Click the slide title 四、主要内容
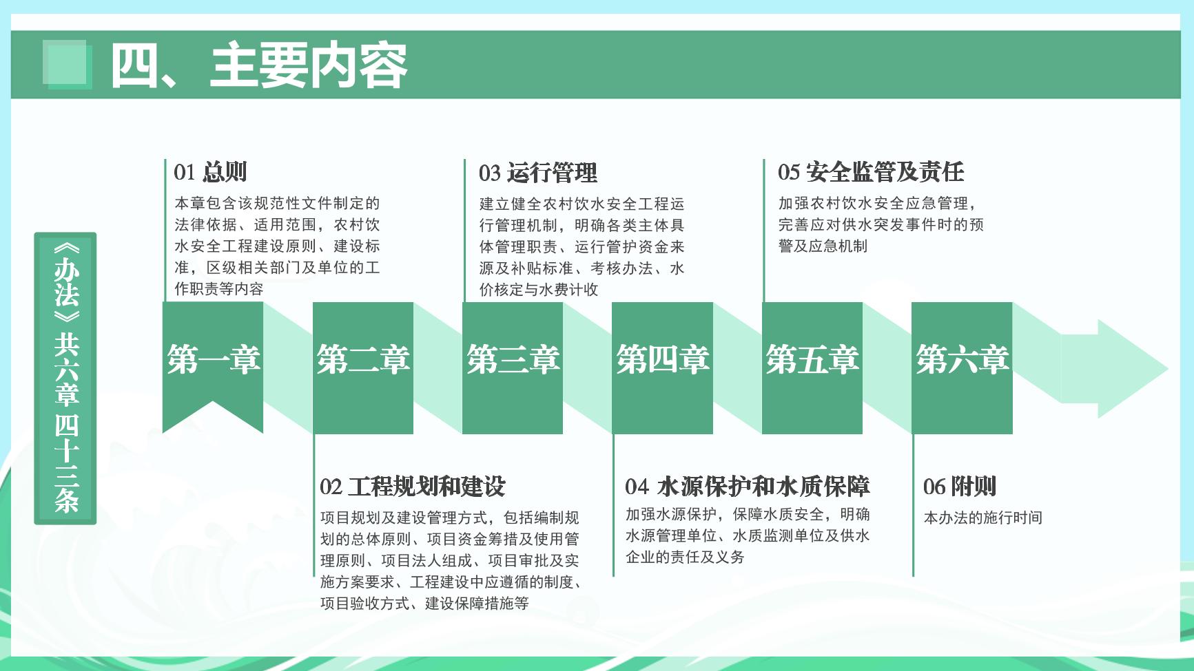click(259, 65)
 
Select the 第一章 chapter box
click(213, 368)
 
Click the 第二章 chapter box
click(363, 368)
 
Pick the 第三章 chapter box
click(513, 368)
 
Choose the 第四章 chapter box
click(662, 368)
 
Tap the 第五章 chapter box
click(812, 368)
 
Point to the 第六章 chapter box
click(962, 368)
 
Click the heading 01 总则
click(210, 171)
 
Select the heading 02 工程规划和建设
click(413, 487)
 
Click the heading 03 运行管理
click(538, 172)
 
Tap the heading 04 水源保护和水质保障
click(748, 487)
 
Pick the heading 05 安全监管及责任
click(871, 171)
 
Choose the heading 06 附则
click(960, 487)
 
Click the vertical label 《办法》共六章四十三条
click(65, 379)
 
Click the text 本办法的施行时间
click(983, 518)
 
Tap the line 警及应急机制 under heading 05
click(823, 246)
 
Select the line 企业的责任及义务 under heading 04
click(685, 557)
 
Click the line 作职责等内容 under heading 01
click(219, 289)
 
